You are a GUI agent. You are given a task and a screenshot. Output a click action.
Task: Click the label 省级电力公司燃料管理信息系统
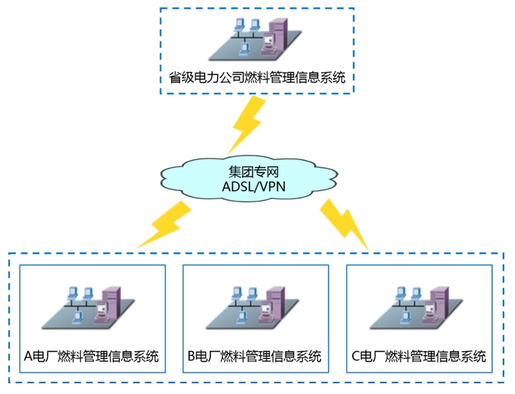257,78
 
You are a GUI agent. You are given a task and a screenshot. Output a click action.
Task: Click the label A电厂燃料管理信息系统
91,355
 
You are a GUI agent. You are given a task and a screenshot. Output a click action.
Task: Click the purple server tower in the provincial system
278,35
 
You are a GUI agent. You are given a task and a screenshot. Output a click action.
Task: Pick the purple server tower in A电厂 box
112,302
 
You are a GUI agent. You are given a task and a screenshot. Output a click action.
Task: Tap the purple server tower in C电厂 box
440,302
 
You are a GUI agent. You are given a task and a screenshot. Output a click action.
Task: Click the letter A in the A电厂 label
28,355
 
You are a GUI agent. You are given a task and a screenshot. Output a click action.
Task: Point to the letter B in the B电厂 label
192,355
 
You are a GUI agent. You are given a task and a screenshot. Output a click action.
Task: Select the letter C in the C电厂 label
355,355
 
